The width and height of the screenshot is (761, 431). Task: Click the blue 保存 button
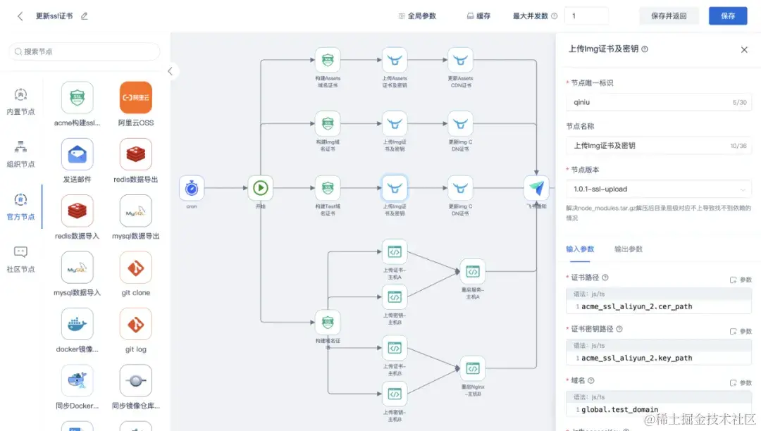click(x=728, y=15)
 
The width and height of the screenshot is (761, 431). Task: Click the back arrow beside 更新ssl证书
click(x=20, y=16)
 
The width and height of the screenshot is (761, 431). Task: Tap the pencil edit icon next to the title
click(x=85, y=16)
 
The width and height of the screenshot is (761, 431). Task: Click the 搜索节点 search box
click(x=85, y=51)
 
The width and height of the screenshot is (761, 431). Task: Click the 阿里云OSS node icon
click(x=135, y=98)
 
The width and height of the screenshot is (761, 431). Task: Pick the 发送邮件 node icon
click(x=77, y=154)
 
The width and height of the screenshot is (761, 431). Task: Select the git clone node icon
click(x=135, y=268)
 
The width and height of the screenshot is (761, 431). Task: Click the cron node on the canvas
click(x=192, y=188)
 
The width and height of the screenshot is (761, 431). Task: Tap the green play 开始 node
click(x=260, y=188)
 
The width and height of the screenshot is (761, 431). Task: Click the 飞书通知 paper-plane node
click(x=536, y=188)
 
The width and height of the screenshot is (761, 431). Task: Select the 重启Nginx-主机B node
click(x=472, y=369)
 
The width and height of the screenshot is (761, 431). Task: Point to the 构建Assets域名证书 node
click(x=328, y=60)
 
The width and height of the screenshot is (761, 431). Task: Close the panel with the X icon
click(x=744, y=49)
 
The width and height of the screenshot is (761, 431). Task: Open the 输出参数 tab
click(x=629, y=249)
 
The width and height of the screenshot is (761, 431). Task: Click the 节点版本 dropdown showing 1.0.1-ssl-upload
click(x=659, y=189)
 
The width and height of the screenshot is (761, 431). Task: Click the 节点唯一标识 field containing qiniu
click(x=659, y=102)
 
